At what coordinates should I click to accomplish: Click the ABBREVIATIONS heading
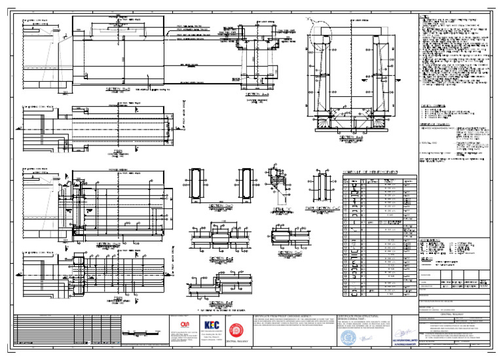[x=432, y=240]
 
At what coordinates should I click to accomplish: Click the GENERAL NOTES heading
[x=430, y=105]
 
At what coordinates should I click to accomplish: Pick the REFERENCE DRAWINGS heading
[x=434, y=124]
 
